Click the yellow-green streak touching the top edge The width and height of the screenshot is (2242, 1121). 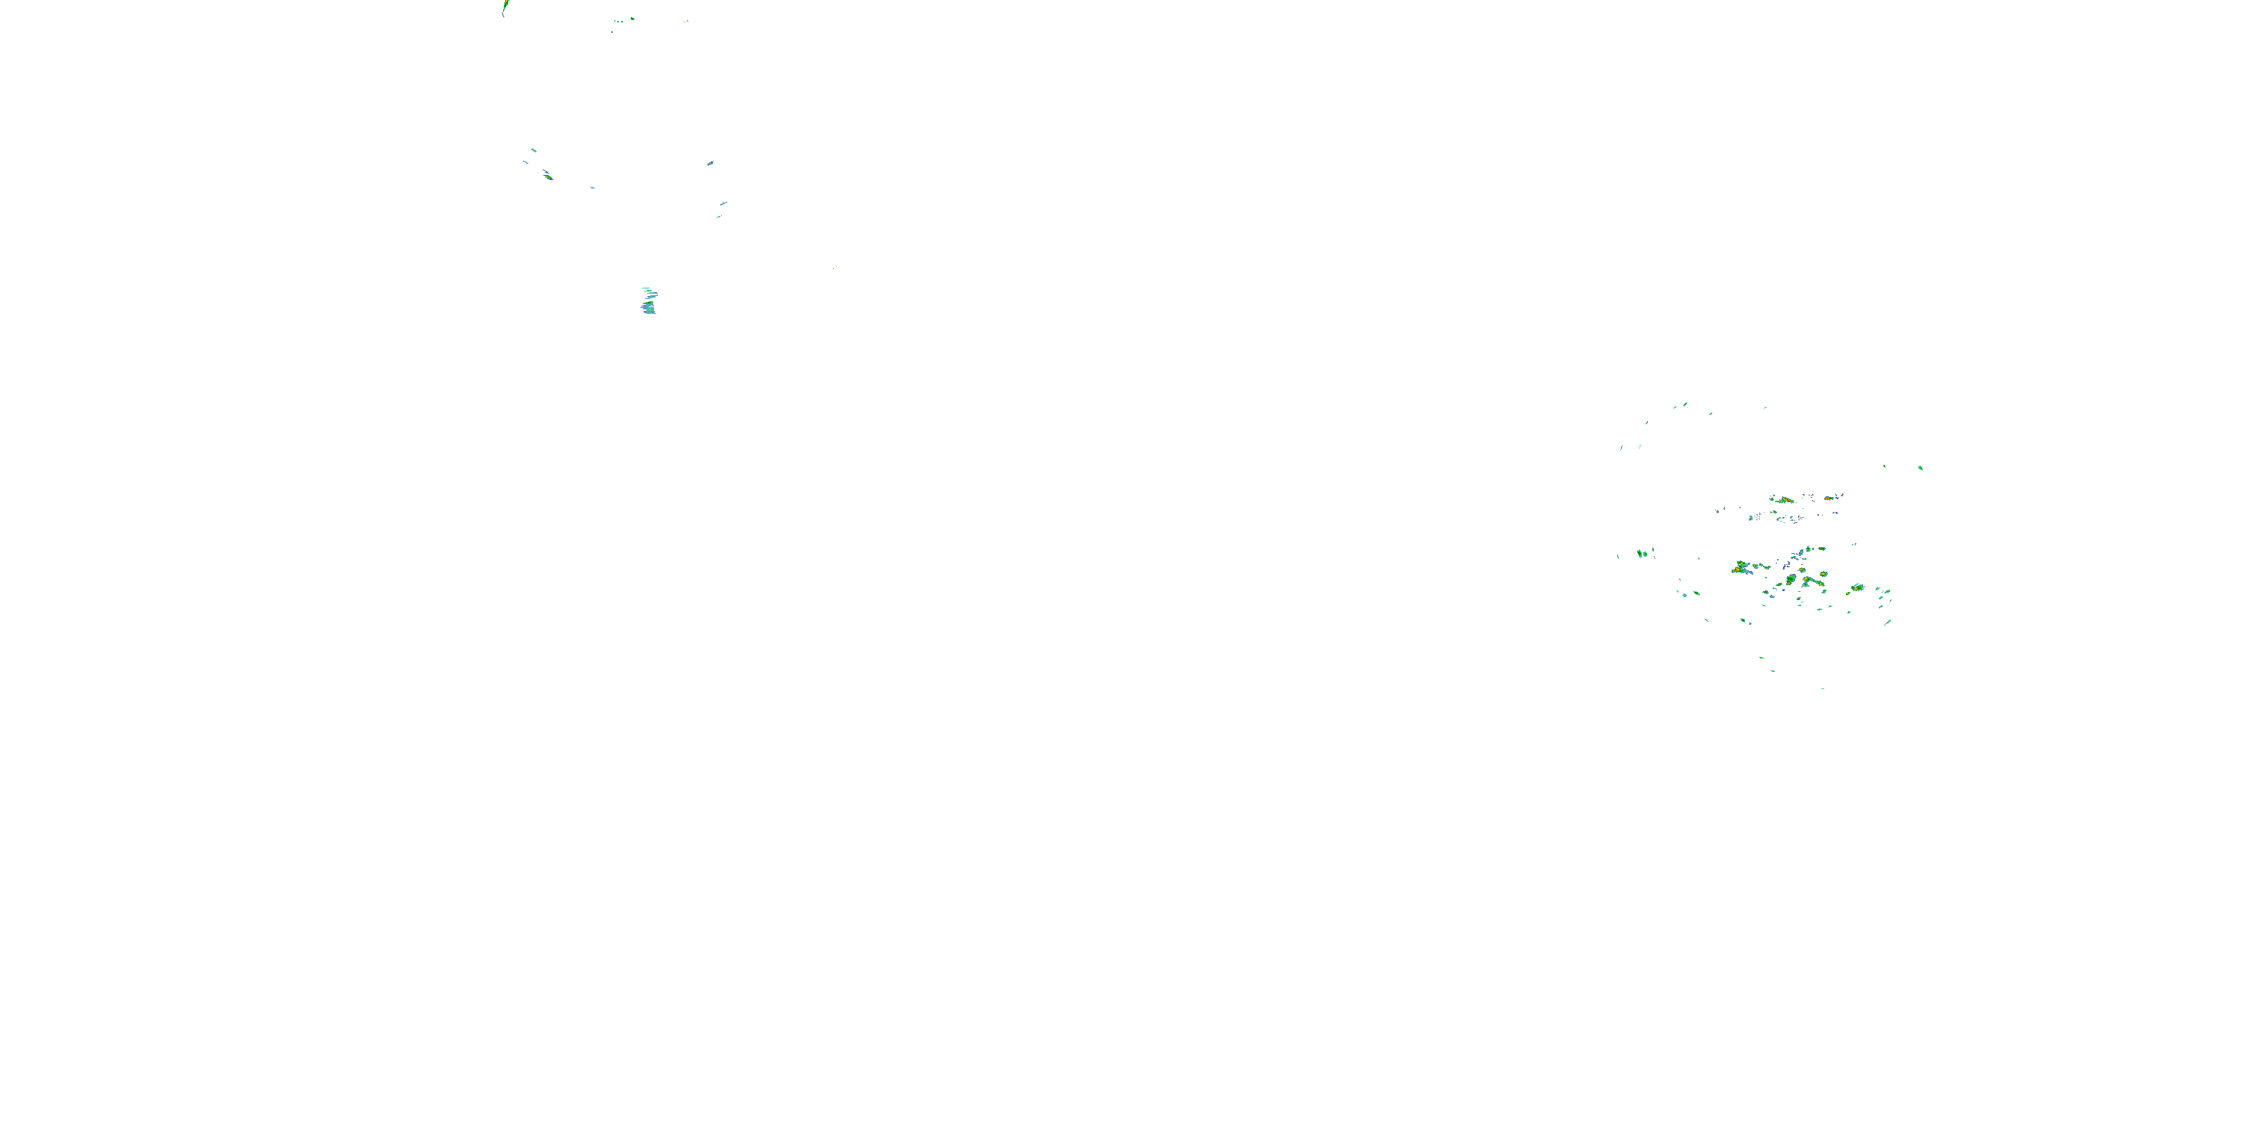click(x=504, y=9)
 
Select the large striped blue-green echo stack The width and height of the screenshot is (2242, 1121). click(x=649, y=303)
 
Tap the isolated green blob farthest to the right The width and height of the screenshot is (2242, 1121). click(x=1921, y=467)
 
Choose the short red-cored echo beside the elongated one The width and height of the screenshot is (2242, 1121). click(x=1831, y=498)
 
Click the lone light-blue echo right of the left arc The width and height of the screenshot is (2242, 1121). click(x=710, y=163)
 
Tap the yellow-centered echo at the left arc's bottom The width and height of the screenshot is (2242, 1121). click(x=548, y=176)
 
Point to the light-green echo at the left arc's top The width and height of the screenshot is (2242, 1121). click(x=534, y=150)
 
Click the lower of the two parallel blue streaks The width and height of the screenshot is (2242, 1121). click(x=719, y=216)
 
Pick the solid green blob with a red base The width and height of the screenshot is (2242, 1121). click(x=1791, y=580)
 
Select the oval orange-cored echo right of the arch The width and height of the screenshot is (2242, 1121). click(x=1857, y=587)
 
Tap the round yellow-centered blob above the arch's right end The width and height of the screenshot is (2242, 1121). click(x=1823, y=573)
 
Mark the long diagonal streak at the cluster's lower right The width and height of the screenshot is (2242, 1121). click(x=1887, y=623)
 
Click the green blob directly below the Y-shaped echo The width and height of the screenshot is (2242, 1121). click(x=1745, y=620)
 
